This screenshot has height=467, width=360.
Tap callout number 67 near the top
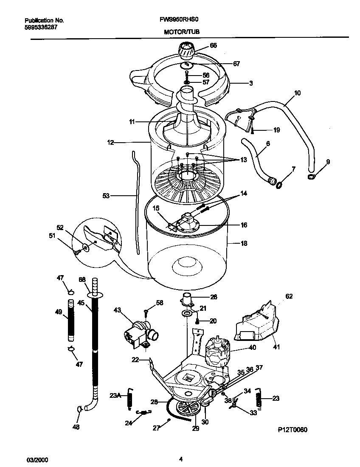(x=236, y=64)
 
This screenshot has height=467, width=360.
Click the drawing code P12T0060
(x=293, y=430)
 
